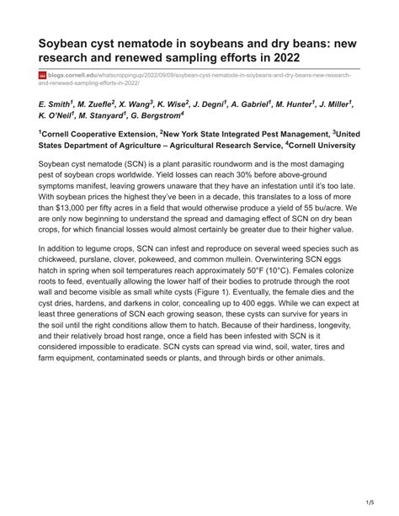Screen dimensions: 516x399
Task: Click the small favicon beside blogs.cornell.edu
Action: click(43, 76)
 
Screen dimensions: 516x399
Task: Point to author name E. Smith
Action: click(56, 103)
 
